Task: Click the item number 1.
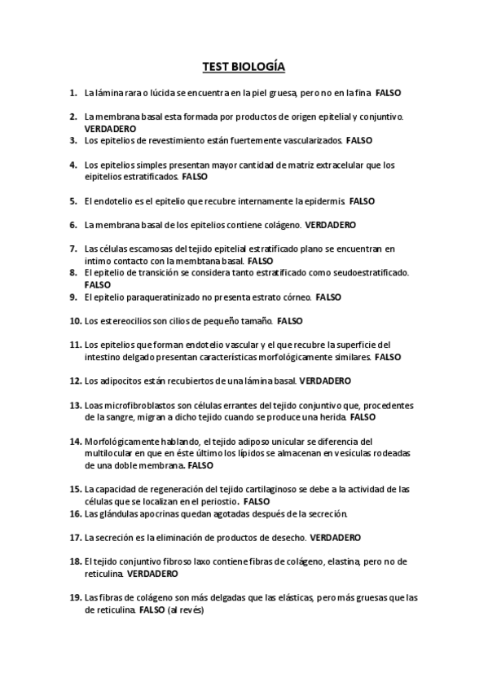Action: tap(73, 94)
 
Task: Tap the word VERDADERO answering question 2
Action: tap(110, 129)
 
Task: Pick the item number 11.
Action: tap(75, 345)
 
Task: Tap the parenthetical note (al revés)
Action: tap(186, 610)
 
